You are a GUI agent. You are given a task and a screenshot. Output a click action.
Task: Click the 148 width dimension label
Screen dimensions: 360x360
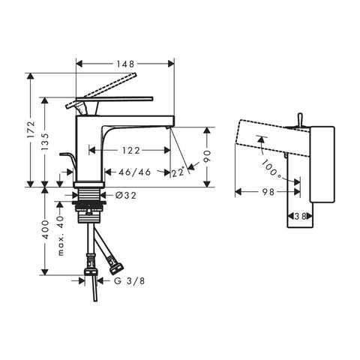coord(125,64)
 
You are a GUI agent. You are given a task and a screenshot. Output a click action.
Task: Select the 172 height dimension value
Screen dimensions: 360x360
coord(31,130)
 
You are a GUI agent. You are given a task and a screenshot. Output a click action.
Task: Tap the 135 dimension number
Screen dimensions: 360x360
coord(45,142)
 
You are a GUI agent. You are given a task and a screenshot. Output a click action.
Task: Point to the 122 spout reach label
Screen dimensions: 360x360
coord(130,151)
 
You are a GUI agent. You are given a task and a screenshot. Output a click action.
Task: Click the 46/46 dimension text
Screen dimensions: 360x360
coord(135,172)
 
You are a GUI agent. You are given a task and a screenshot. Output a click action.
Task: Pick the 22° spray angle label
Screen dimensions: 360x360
coord(178,172)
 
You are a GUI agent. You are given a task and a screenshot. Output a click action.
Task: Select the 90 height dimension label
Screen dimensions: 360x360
coord(207,157)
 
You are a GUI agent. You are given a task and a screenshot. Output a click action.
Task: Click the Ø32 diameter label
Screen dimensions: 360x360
coord(126,196)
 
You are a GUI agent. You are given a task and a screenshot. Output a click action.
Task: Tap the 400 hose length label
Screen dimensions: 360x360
coord(46,229)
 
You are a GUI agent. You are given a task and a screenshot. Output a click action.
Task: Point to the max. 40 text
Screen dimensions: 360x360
coord(61,235)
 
